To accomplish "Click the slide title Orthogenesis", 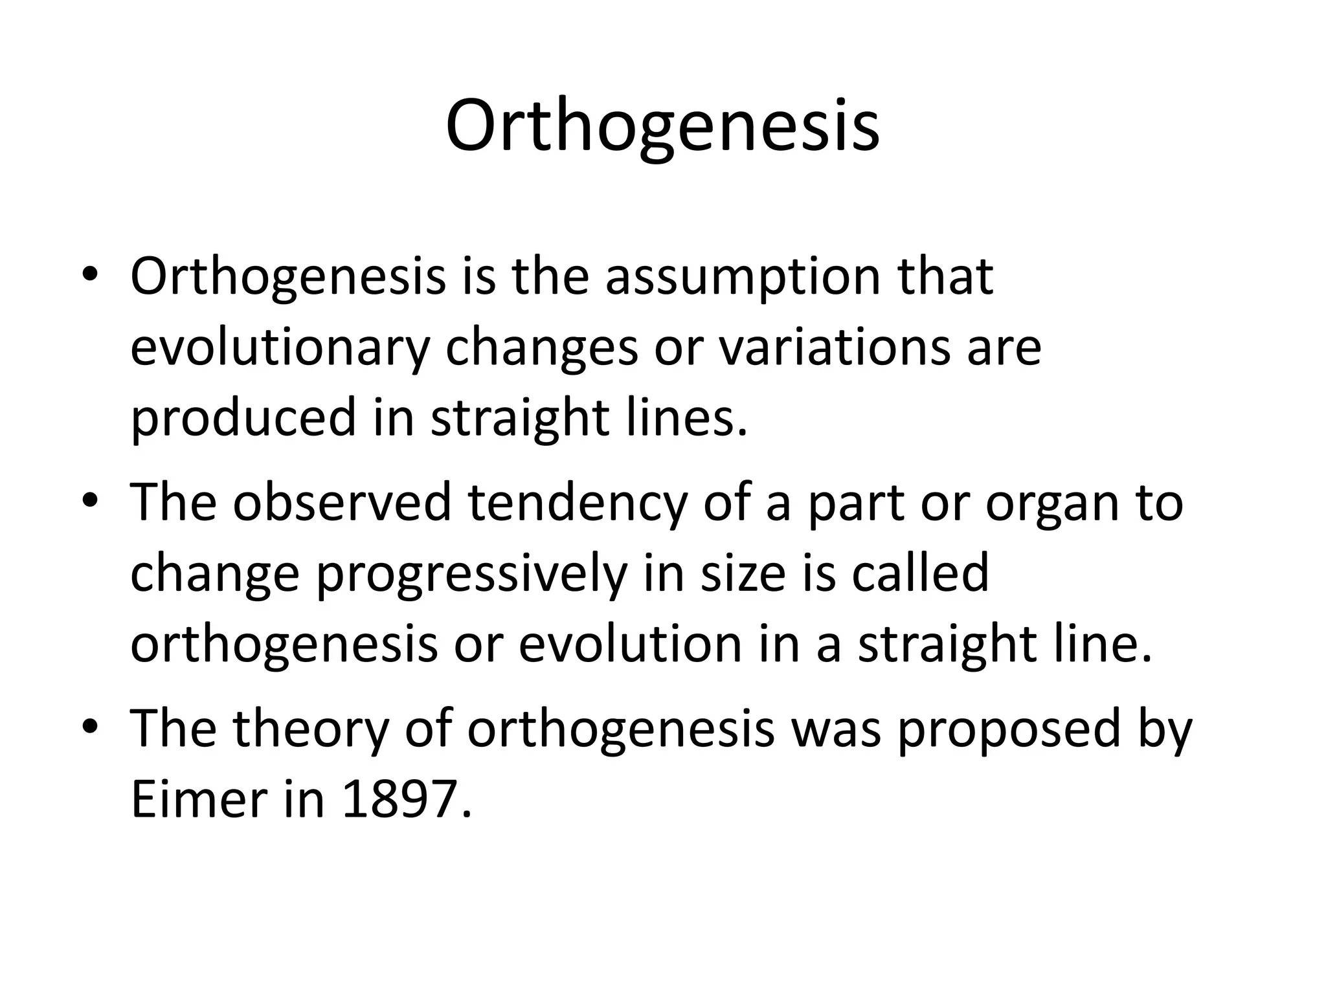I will [662, 126].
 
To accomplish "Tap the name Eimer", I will [199, 799].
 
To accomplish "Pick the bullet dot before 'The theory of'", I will [90, 727].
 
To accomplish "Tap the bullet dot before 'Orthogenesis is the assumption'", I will [90, 274].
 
